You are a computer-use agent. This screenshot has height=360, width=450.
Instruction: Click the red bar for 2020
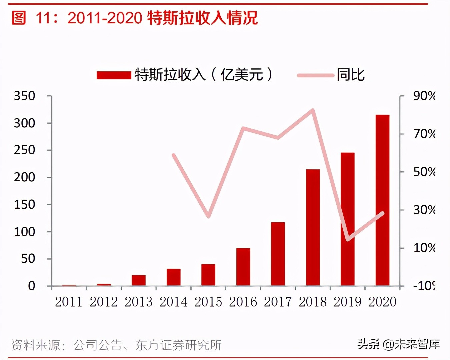(x=382, y=200)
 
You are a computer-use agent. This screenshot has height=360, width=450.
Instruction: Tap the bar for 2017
(x=278, y=254)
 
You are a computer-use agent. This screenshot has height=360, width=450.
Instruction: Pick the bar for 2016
(x=243, y=267)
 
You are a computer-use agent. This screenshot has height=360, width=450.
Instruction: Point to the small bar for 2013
(x=139, y=280)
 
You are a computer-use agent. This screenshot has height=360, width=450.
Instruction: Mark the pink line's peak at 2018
(x=313, y=110)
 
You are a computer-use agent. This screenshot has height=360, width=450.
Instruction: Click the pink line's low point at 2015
(x=208, y=216)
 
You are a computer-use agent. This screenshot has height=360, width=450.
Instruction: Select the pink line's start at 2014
(x=173, y=155)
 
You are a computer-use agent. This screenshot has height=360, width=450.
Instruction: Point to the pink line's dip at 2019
(x=348, y=239)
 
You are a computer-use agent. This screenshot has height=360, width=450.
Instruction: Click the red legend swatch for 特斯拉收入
(x=114, y=75)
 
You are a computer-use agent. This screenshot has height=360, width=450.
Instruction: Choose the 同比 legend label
(x=350, y=75)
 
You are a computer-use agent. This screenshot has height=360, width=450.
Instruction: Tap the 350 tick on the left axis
(x=24, y=96)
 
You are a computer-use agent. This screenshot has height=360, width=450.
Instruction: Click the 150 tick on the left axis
(x=24, y=204)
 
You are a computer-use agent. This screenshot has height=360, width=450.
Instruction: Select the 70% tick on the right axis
(x=424, y=134)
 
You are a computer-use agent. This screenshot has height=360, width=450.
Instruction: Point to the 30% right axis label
(x=424, y=210)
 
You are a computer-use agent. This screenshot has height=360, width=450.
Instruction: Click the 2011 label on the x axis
(x=69, y=302)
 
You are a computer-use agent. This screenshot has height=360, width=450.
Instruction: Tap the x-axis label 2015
(x=208, y=302)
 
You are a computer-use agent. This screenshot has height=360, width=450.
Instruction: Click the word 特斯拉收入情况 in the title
(x=202, y=18)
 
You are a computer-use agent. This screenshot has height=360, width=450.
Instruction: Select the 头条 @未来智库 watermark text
(x=398, y=344)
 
